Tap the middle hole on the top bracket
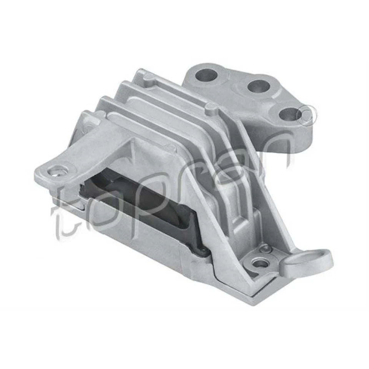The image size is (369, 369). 258,86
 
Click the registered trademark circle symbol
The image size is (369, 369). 308,112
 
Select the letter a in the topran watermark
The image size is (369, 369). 231,161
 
